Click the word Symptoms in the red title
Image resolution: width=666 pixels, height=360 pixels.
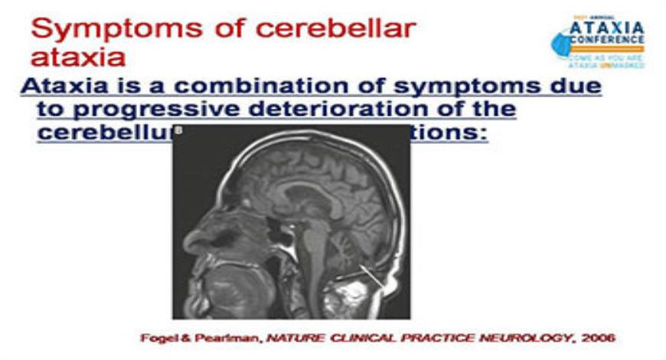[98, 28]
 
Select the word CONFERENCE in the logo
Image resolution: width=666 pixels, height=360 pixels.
[609, 41]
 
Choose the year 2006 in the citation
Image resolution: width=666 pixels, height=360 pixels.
[598, 337]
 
